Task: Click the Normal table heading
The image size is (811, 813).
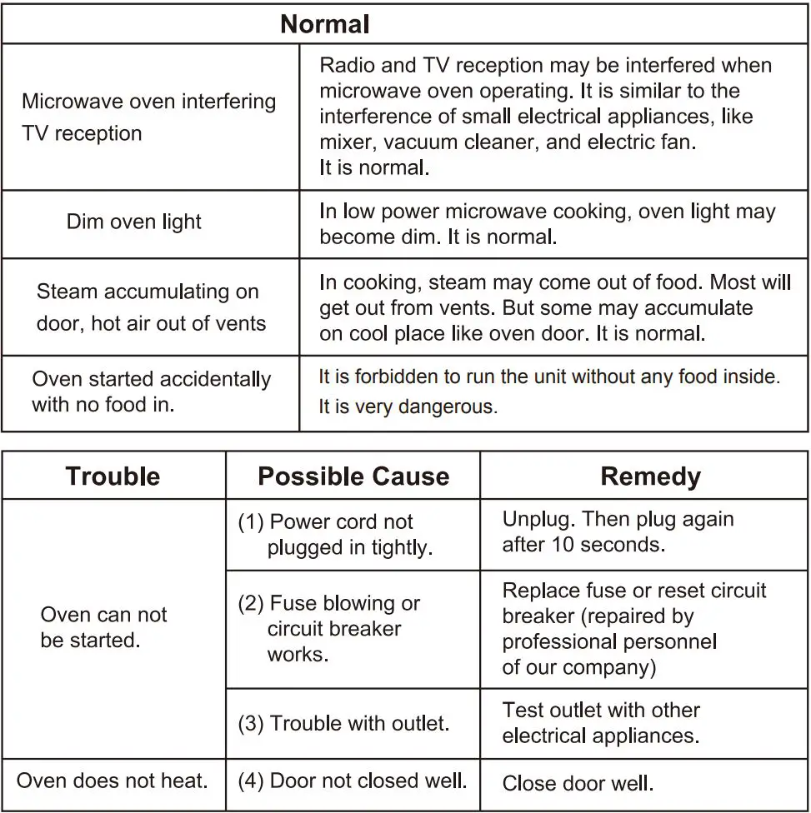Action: click(325, 24)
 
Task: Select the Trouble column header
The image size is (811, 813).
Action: click(113, 476)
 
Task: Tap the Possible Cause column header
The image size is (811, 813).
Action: click(353, 476)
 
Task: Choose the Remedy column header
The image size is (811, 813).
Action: click(650, 476)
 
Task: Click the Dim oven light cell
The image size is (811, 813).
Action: click(134, 222)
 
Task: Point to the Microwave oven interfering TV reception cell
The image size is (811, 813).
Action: click(148, 117)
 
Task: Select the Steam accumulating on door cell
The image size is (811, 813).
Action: click(150, 307)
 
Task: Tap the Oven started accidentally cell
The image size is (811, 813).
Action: click(151, 392)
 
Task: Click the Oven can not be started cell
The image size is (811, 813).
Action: click(103, 627)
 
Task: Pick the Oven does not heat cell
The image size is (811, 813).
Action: click(113, 781)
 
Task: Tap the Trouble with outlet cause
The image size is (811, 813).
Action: click(344, 723)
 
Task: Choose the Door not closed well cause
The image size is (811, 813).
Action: click(353, 781)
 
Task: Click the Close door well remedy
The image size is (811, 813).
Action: click(578, 783)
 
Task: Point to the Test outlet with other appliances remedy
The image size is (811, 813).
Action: click(601, 723)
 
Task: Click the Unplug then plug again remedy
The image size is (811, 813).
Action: click(618, 531)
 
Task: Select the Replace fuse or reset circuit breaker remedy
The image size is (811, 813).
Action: click(633, 629)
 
